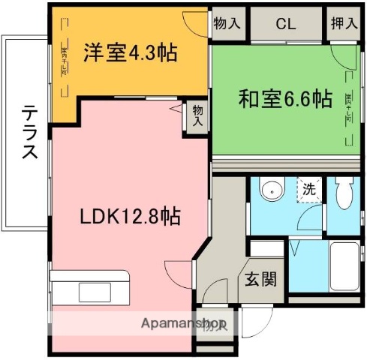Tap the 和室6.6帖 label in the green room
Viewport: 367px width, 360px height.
[284, 98]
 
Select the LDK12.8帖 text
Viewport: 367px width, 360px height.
[130, 217]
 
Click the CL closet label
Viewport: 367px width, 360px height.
[285, 23]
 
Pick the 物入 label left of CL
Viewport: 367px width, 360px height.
[226, 23]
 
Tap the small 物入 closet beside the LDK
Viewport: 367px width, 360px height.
[197, 115]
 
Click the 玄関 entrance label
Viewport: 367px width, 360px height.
[260, 279]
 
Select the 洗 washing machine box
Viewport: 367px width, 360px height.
[308, 189]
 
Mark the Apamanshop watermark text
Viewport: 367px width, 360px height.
[185, 325]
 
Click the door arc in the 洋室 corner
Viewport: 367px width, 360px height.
[197, 23]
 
